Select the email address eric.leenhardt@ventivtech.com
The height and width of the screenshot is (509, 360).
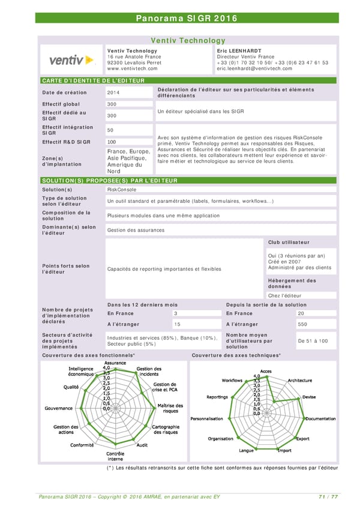tap(254, 68)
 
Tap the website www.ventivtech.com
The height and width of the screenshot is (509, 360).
tap(132, 68)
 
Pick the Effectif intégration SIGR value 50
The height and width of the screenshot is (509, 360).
tap(110, 130)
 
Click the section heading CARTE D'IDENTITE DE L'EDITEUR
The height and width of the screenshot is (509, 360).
tap(93, 80)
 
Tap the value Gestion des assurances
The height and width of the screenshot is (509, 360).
tap(135, 230)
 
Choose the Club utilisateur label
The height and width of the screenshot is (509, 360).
tap(289, 242)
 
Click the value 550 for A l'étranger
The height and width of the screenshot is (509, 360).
tap(302, 324)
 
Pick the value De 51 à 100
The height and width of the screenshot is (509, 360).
tap(313, 341)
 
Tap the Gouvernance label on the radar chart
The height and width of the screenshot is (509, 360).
tap(59, 408)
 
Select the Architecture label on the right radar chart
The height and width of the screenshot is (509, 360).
tap(300, 381)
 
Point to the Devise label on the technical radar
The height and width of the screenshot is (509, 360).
tap(309, 397)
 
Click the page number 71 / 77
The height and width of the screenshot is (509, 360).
tap(328, 496)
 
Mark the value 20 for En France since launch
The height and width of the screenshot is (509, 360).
tap(301, 313)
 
